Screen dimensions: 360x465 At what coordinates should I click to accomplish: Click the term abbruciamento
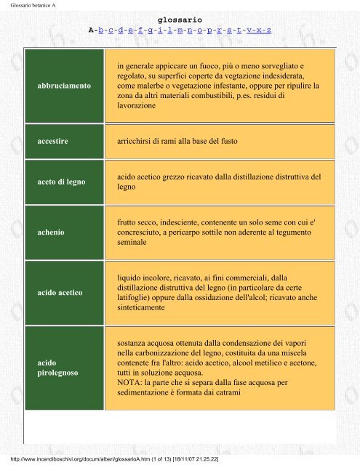coord(64,85)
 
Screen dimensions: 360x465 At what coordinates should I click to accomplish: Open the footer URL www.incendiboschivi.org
coord(73,460)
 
